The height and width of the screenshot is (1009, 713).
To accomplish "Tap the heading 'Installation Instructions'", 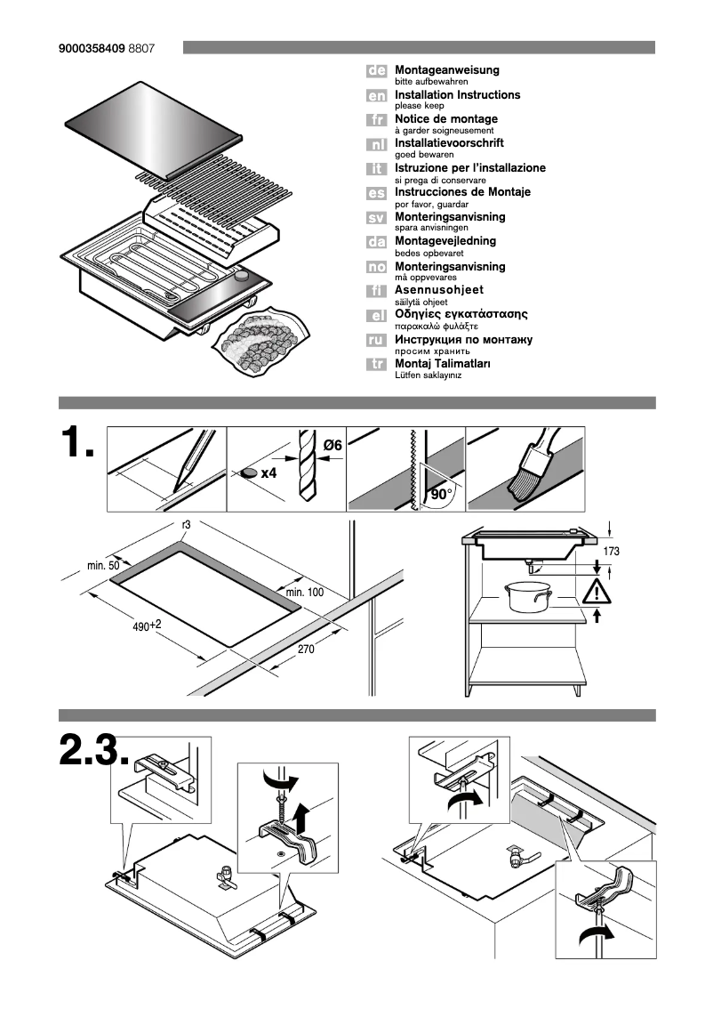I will pos(457,94).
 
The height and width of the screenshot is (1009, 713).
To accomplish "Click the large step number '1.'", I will pos(76,444).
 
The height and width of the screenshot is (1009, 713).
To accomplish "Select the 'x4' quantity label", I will pos(269,472).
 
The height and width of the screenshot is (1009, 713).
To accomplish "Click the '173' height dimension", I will pos(611,552).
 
